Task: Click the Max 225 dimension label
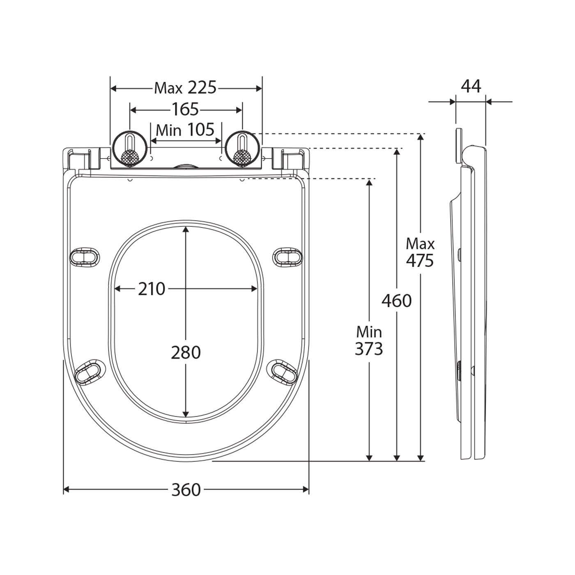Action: point(185,88)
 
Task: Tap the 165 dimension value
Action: point(185,110)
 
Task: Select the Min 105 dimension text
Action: point(185,130)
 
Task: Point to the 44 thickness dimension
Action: point(471,87)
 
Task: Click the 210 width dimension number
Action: point(152,289)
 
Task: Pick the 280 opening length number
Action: point(186,352)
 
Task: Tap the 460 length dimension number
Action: point(397,301)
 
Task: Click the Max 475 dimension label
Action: point(420,253)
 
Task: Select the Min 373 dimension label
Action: point(369,340)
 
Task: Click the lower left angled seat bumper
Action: point(90,372)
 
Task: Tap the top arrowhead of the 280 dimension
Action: point(186,229)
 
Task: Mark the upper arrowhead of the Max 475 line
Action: point(420,137)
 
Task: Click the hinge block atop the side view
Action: point(459,146)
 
